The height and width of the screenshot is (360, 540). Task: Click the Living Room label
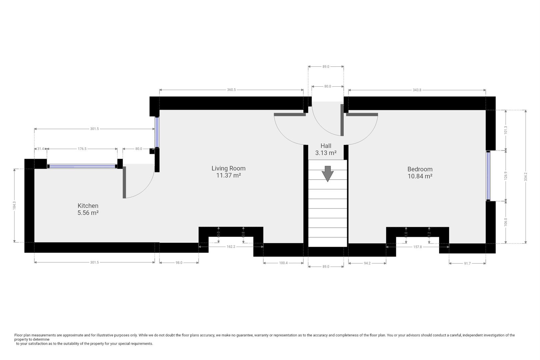(228, 168)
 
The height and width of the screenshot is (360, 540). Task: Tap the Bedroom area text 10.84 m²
(420, 176)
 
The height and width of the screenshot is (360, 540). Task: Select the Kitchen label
(88, 206)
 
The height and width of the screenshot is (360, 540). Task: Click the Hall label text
(326, 146)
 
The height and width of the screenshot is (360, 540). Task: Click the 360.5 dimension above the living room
(231, 90)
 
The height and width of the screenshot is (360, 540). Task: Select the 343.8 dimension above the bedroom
(417, 90)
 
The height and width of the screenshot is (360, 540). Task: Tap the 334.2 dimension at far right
(526, 176)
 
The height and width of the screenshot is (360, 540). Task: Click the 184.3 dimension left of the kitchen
(14, 205)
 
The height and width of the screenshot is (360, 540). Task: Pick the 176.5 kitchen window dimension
(82, 149)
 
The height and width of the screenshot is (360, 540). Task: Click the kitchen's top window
(82, 166)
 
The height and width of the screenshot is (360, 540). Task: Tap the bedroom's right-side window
(488, 176)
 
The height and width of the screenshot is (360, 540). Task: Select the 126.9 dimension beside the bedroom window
(506, 175)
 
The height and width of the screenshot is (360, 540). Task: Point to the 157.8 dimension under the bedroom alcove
(417, 247)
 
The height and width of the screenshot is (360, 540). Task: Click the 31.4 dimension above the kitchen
(41, 149)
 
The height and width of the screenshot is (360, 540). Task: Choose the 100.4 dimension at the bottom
(283, 263)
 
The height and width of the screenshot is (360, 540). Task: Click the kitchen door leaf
(124, 182)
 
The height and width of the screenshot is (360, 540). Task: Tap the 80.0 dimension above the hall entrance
(327, 86)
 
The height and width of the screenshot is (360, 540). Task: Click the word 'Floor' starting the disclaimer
(18, 335)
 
